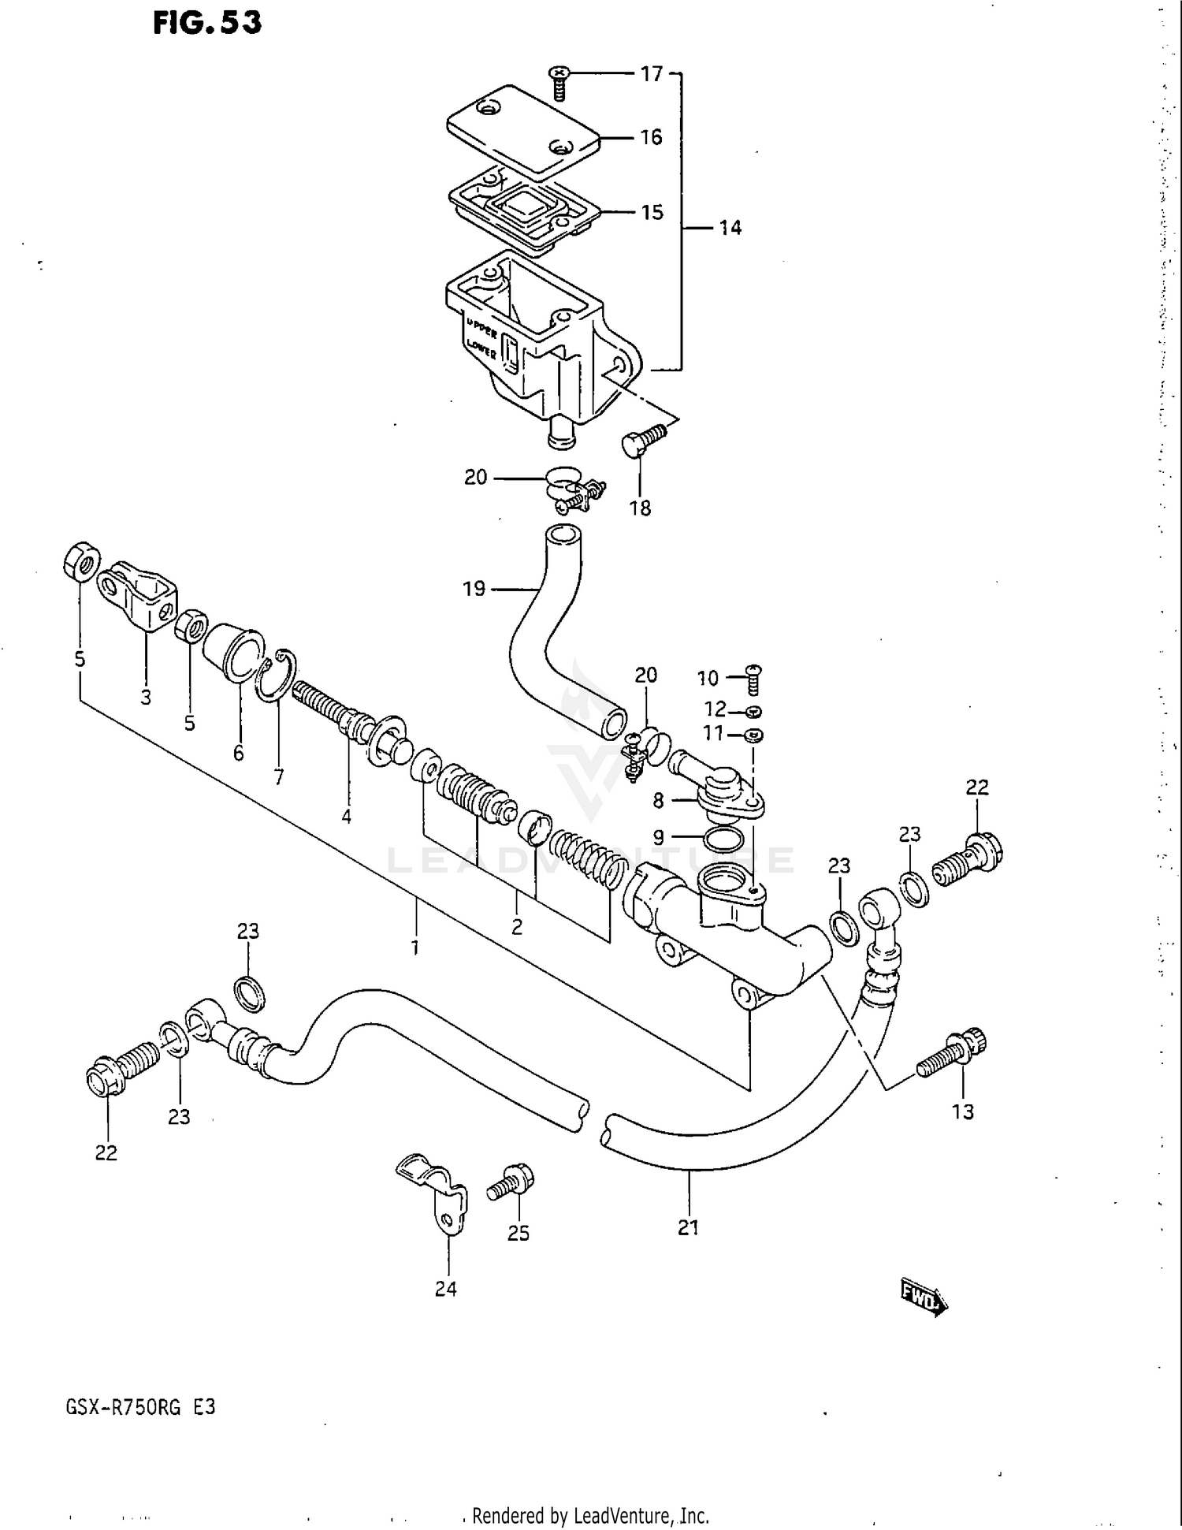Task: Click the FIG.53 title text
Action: tap(207, 23)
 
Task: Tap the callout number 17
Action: tap(651, 74)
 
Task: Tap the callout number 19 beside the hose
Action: tap(474, 589)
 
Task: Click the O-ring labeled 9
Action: tap(722, 839)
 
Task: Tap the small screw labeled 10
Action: tap(753, 680)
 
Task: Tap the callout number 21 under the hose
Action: tap(688, 1227)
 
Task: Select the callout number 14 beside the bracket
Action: tap(730, 228)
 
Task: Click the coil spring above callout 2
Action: tap(587, 858)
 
